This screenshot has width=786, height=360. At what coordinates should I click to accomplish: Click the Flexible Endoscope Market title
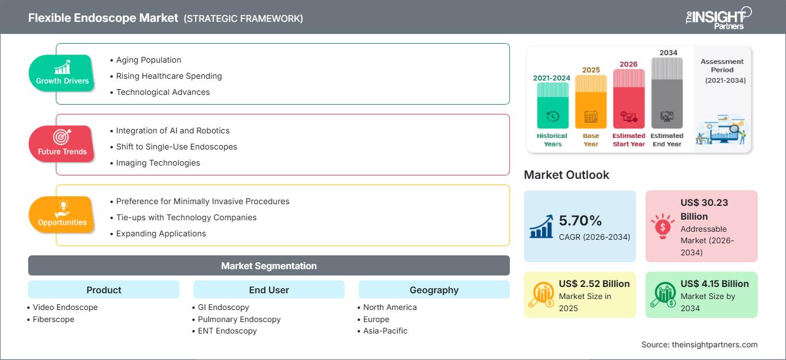coord(104,18)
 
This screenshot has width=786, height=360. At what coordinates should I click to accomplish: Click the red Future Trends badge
coord(61,144)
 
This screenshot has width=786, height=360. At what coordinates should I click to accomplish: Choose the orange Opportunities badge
coord(62,215)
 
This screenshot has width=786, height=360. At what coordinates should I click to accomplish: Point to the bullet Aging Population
coord(148,60)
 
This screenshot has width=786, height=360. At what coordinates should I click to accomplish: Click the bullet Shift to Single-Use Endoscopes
coord(176,147)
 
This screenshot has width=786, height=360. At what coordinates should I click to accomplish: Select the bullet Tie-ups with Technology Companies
coord(186,217)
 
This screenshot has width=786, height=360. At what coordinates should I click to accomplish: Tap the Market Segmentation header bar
coord(269,266)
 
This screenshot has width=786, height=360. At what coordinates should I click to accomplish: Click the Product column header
coord(104,290)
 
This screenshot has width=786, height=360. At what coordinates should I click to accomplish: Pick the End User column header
coord(269,290)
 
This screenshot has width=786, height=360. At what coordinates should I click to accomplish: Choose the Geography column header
coord(434,290)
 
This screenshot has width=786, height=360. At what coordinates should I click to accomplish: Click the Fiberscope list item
coord(54,319)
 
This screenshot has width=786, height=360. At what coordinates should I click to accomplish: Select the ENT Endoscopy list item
coord(227,331)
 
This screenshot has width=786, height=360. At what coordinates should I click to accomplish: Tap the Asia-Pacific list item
coord(385,331)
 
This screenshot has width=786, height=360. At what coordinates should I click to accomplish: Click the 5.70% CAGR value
coord(580,221)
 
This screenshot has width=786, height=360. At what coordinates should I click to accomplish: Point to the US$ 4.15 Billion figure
coord(715,284)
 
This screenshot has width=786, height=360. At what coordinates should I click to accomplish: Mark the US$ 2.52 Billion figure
coord(594,284)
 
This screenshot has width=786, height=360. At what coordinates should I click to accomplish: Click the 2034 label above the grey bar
coord(668,52)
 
